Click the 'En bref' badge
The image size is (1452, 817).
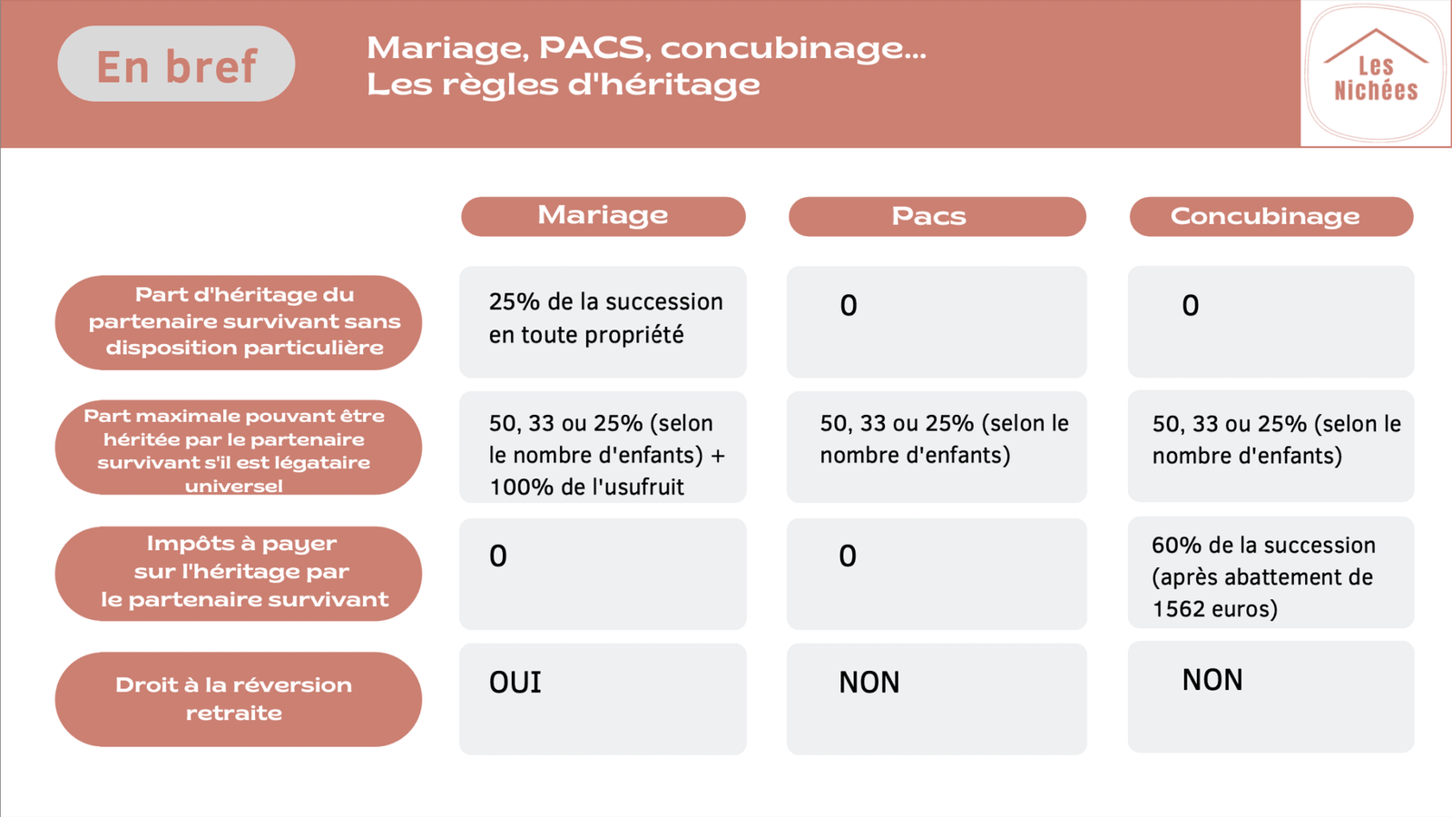pos(176,64)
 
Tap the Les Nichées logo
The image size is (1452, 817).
pos(1376,74)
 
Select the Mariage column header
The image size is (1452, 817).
pos(603,216)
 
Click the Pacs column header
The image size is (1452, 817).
pos(937,216)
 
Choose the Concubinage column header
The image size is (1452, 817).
pos(1271,216)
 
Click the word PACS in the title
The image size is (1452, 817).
pos(592,48)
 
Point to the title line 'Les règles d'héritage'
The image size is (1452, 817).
pos(564,85)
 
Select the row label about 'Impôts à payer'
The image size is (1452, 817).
pos(238,573)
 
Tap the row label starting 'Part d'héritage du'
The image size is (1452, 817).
pos(238,322)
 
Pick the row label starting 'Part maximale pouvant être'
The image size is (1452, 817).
pos(238,448)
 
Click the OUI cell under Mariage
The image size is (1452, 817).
pos(603,699)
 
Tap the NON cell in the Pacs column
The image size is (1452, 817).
pos(937,699)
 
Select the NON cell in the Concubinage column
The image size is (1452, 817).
pos(1271,697)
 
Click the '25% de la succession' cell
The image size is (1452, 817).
pos(603,322)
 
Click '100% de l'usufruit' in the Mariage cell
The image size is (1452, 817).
pos(586,487)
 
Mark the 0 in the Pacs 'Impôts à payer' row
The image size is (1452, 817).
pos(848,556)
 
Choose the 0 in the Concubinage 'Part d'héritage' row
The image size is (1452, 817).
pos(1190,305)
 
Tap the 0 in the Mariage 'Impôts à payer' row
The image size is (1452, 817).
pos(498,556)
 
